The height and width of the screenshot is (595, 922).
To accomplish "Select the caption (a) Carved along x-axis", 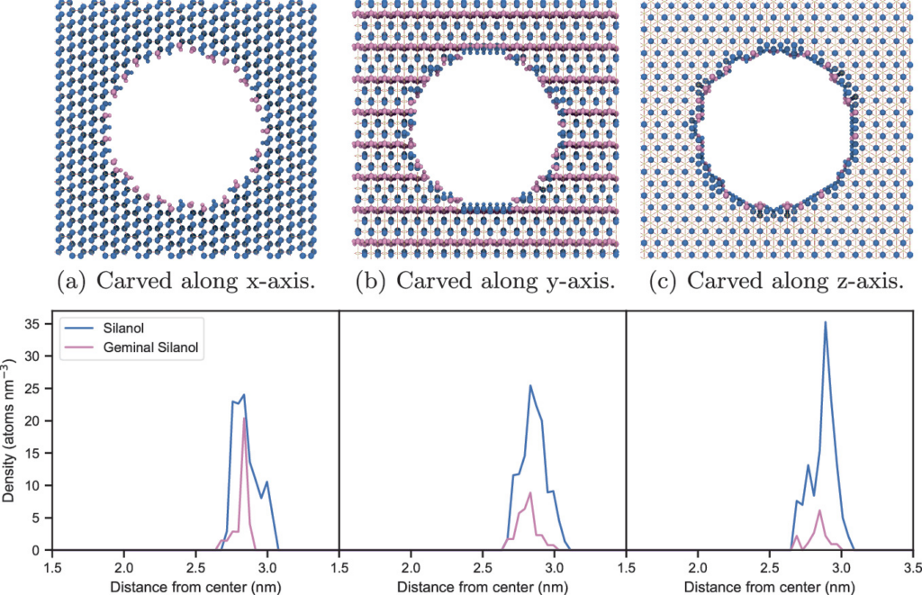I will tap(186, 282).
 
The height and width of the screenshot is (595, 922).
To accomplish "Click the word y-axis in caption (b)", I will tap(574, 282).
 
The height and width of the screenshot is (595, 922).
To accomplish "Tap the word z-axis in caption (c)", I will tap(863, 282).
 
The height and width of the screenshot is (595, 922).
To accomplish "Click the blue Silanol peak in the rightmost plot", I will tap(826, 322).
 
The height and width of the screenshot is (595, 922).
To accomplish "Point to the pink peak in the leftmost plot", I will tap(245, 418).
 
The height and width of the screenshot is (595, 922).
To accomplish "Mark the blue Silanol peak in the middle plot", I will tap(530, 385).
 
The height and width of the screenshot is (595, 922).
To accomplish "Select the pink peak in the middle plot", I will tap(530, 492).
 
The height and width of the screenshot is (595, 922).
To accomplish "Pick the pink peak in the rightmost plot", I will tap(819, 510).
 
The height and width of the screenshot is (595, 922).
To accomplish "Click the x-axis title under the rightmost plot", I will tap(769, 585).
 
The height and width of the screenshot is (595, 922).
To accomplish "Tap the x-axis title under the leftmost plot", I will tap(195, 585).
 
